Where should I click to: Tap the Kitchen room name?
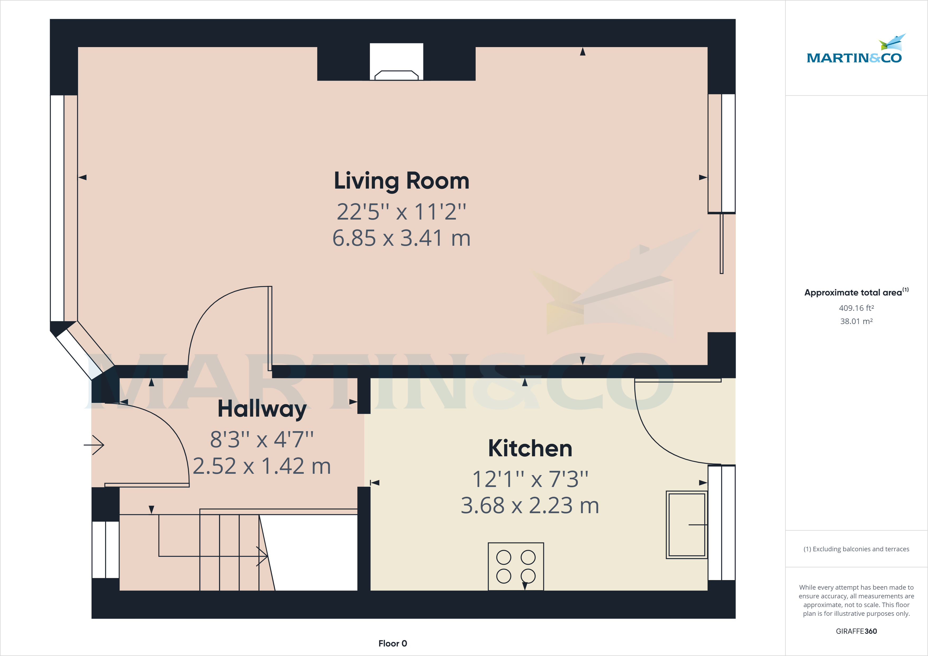click(x=530, y=448)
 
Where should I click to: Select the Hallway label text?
click(x=262, y=409)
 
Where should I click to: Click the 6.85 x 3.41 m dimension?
click(x=401, y=238)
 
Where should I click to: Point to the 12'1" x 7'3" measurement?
click(x=530, y=479)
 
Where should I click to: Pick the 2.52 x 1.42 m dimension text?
click(x=262, y=466)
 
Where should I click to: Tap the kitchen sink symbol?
click(x=686, y=525)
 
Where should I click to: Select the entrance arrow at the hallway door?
click(x=94, y=445)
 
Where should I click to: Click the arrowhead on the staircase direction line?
click(x=263, y=556)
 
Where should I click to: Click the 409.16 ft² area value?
click(x=856, y=308)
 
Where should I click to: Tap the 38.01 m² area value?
click(x=856, y=321)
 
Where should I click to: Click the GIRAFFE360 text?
click(x=856, y=631)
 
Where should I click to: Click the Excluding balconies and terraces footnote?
click(x=856, y=549)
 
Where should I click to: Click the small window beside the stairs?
click(x=106, y=549)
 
